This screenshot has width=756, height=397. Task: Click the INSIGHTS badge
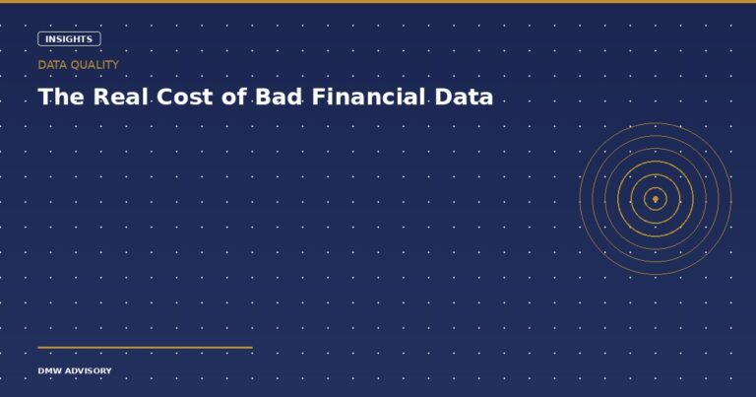(x=69, y=39)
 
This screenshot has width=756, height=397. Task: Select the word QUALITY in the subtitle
(x=94, y=64)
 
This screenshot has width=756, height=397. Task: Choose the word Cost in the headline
(x=190, y=98)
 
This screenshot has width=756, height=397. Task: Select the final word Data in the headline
(x=466, y=98)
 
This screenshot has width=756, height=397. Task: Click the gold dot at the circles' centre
(x=656, y=199)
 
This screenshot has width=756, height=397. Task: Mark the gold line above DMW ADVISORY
(x=145, y=347)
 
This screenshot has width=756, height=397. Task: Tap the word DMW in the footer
(x=49, y=371)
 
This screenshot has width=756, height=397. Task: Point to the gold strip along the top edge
(x=378, y=1)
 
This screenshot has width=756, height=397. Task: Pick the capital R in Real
(x=102, y=98)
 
